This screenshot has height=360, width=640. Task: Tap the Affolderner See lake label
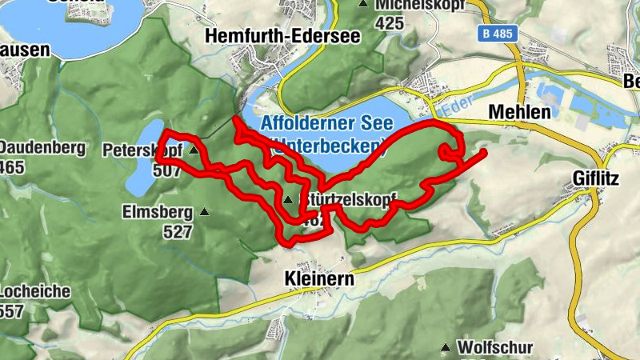tap(326, 124)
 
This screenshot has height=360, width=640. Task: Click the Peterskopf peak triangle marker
tap(193, 149)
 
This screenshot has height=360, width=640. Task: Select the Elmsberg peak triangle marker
tap(204, 212)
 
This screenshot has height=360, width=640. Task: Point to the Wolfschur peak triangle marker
tap(445, 348)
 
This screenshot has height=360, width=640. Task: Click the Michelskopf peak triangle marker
tap(364, 4)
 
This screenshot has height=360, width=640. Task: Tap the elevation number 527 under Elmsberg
tap(178, 232)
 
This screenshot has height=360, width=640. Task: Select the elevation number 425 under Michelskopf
tap(389, 23)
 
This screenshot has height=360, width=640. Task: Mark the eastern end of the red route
tap(485, 150)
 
